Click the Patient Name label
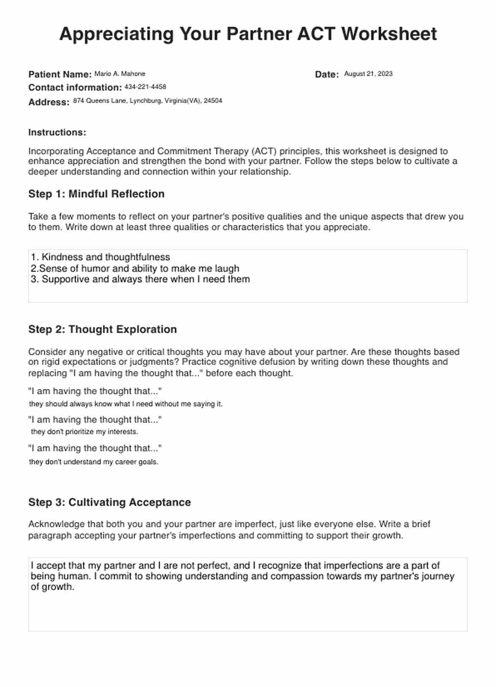click(60, 75)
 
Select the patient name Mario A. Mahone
click(120, 74)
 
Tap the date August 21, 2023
click(368, 74)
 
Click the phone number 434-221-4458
click(145, 87)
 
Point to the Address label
click(49, 102)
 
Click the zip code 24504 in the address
click(213, 101)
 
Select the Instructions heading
click(57, 132)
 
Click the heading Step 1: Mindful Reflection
click(96, 194)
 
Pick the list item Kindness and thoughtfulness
click(105, 257)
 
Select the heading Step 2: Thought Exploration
click(102, 329)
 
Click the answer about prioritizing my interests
click(85, 432)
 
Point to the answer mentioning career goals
click(94, 462)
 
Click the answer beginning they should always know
click(126, 404)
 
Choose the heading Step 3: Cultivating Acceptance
click(110, 502)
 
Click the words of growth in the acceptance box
click(52, 587)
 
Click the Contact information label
click(75, 88)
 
